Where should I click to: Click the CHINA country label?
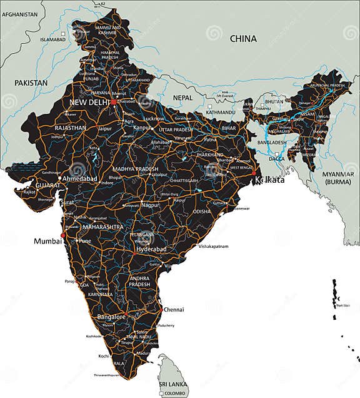[x=243, y=39]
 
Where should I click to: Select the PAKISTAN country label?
[x=31, y=83]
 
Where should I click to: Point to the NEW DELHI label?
[x=89, y=102]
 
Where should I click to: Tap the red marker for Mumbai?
[x=61, y=237]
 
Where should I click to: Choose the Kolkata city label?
[x=270, y=180]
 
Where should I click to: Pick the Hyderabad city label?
[x=151, y=249]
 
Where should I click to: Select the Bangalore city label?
[x=112, y=317]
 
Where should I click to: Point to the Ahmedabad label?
[x=81, y=178]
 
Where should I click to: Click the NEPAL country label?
[x=183, y=98]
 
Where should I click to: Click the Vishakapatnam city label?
[x=214, y=247]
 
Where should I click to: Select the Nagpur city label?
[x=151, y=205]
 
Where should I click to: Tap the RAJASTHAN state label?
[x=70, y=127]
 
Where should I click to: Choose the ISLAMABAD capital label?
[x=52, y=39]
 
